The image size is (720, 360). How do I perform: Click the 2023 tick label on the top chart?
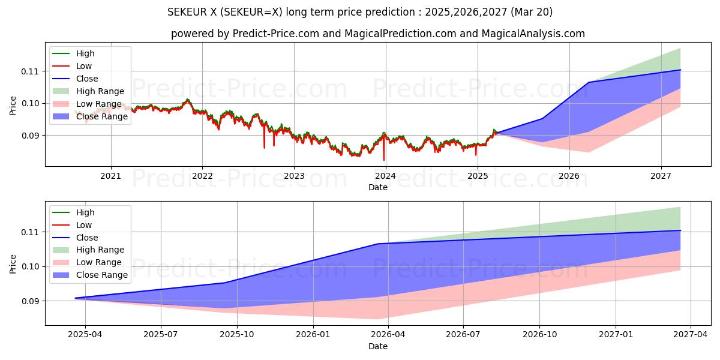coord(293,176)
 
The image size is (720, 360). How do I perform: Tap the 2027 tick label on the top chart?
coord(661,176)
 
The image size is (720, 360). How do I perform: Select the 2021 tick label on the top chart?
coord(110,176)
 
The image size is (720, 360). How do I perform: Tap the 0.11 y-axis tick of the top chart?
coord(31,71)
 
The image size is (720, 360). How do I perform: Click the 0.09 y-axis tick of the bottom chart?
coord(31,301)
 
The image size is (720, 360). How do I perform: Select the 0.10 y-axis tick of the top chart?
coord(31,103)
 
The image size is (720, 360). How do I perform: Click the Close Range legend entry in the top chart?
coord(101,116)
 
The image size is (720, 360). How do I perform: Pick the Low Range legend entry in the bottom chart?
coord(98,262)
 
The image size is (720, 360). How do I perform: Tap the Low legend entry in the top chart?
coord(84,66)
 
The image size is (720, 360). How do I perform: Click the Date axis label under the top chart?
coord(378,187)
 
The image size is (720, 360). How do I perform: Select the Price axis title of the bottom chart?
coord(13,263)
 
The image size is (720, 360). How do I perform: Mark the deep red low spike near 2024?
coord(384,159)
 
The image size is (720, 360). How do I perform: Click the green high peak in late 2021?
coord(187,100)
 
